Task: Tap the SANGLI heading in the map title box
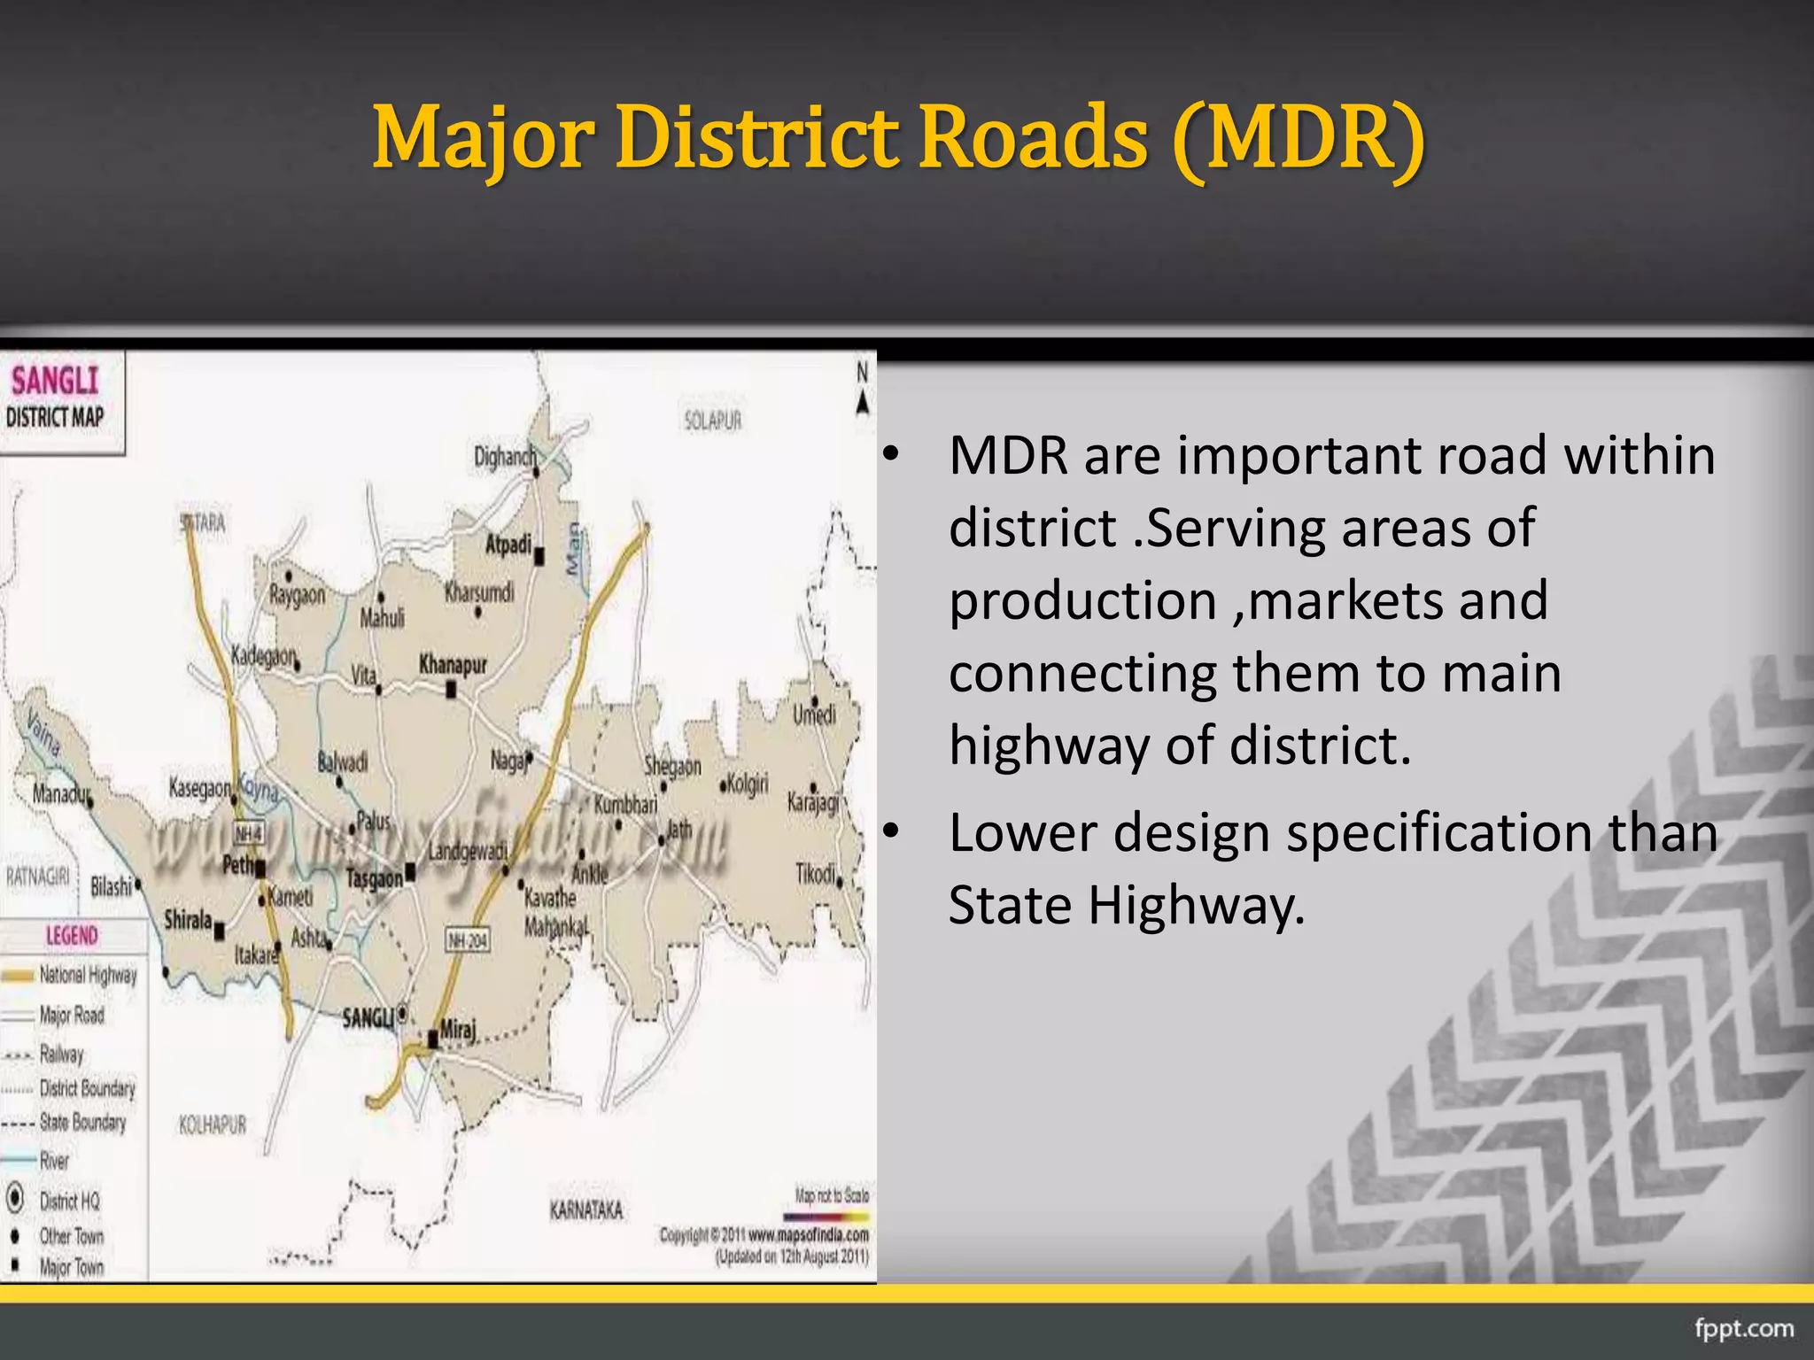tap(55, 381)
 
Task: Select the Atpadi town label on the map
tap(508, 544)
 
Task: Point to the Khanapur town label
tap(453, 663)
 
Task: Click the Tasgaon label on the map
tap(374, 877)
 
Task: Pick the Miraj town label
tap(458, 1030)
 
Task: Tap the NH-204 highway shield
tap(467, 940)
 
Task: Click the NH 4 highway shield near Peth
tap(248, 833)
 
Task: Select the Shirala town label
tap(188, 920)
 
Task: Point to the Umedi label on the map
tap(814, 714)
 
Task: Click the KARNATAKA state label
tap(586, 1209)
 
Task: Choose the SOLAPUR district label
tap(712, 421)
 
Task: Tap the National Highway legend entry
tap(88, 975)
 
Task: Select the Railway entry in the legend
tap(61, 1054)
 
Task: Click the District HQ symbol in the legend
tap(15, 1199)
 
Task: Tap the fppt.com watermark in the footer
tap(1744, 1328)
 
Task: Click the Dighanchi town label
tap(504, 457)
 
